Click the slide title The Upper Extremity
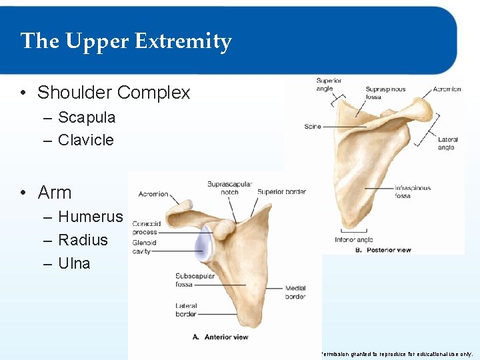pos(126,41)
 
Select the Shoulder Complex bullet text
pos(113,93)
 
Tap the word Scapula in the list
pos(87,118)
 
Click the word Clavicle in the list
pos(86,140)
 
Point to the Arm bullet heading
pos(55,193)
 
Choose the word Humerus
pos(91,217)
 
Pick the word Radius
pos(83,240)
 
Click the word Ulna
pos(74,263)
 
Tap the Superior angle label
pos(329,85)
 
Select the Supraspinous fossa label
pos(385,93)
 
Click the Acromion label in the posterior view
pos(446,89)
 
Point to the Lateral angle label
pos(447,143)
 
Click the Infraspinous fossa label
pos(413,192)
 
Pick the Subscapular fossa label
pos(193,280)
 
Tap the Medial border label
pos(295,292)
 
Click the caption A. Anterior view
pos(221,337)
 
